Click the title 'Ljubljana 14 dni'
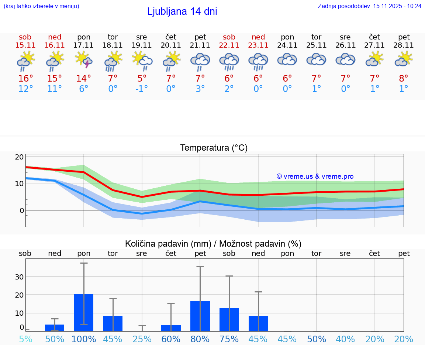coord(182,11)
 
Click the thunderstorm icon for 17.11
coord(84,59)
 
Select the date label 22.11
coord(229,45)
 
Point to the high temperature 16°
coord(25,79)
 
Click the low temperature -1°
coord(142,89)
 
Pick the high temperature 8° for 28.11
coord(404,79)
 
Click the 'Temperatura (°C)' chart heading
coord(214,148)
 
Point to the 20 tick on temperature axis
coord(20,157)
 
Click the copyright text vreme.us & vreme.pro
coord(315,176)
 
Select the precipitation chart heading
coord(213,244)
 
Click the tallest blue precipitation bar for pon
coord(84,312)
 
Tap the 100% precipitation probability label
coord(84,339)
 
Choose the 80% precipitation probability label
coord(200,339)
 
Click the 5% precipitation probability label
coord(25,339)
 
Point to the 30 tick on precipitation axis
coord(20,277)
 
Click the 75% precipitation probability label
coord(229,339)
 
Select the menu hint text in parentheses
coord(41,6)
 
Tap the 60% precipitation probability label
coord(171,339)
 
